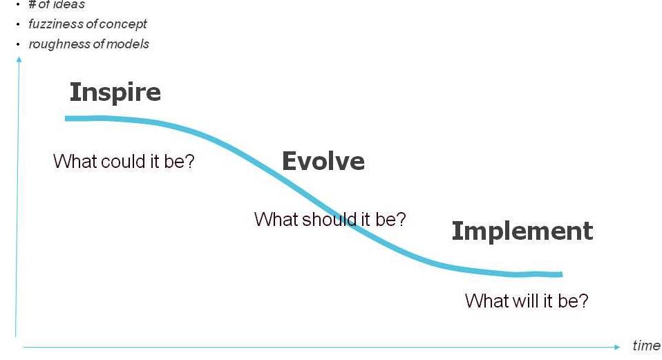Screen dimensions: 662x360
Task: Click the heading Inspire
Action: click(115, 93)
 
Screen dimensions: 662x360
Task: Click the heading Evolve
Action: click(323, 161)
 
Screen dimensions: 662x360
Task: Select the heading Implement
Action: click(522, 231)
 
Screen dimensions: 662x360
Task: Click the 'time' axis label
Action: click(646, 345)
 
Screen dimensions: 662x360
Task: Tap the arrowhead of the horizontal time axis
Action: click(617, 347)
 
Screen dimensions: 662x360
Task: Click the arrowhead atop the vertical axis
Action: click(19, 59)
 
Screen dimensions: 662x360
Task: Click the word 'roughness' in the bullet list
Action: click(55, 44)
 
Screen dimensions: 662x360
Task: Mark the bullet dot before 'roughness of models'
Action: click(18, 44)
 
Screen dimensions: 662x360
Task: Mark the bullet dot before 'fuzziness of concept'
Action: click(18, 24)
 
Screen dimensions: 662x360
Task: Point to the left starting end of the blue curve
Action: click(66, 119)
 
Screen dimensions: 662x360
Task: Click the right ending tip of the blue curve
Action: click(562, 274)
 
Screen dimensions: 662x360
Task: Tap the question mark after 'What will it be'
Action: click(583, 301)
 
